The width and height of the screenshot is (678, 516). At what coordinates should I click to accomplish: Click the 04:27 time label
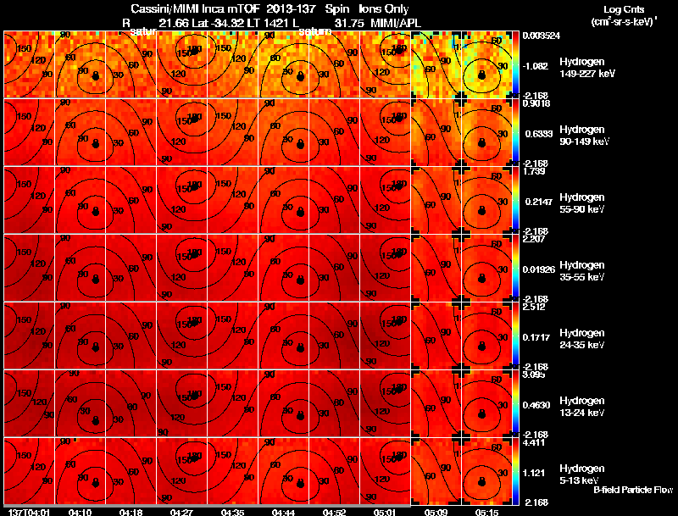pyautogui.click(x=181, y=512)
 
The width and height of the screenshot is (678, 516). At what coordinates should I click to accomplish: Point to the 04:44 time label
pyautogui.click(x=284, y=512)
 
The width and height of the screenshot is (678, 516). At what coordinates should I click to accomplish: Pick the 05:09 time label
pyautogui.click(x=437, y=512)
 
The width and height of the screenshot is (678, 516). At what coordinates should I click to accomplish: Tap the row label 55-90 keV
pyautogui.click(x=581, y=208)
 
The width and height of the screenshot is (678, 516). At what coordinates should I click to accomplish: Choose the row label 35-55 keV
pyautogui.click(x=581, y=276)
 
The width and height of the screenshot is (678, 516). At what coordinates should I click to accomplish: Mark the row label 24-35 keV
pyautogui.click(x=581, y=344)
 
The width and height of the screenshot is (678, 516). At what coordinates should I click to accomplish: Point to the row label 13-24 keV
pyautogui.click(x=581, y=412)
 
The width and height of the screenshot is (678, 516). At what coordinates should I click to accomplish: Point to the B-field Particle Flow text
pyautogui.click(x=633, y=490)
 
